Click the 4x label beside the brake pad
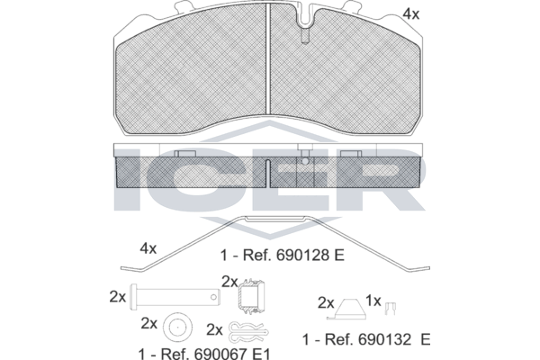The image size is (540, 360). (x=411, y=14)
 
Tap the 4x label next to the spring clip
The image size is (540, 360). (x=148, y=248)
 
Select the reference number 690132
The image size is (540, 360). (x=385, y=339)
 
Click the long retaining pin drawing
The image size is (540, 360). (x=175, y=297)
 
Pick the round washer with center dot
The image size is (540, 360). (x=177, y=328)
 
